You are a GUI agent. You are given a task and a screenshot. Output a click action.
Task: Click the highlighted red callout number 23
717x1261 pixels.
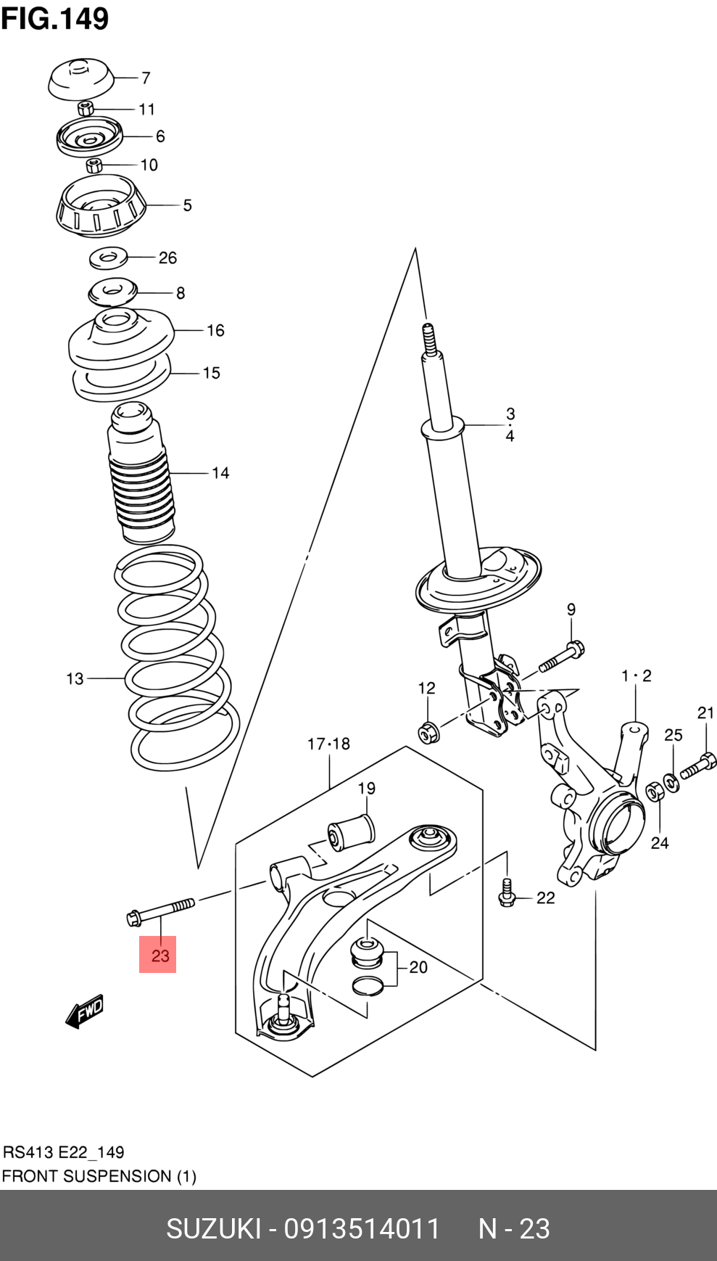(x=158, y=955)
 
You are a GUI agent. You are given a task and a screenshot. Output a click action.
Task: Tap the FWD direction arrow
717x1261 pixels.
(x=85, y=1011)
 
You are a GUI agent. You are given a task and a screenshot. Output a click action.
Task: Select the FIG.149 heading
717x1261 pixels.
(x=55, y=18)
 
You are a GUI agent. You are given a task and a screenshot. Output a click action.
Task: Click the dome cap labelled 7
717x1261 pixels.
(x=80, y=79)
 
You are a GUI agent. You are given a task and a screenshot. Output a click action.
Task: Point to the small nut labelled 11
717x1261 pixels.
(x=86, y=109)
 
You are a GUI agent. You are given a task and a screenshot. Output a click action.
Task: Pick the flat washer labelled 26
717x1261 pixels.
(x=108, y=257)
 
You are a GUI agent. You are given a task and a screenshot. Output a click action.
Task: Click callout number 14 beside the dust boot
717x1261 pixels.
(x=220, y=473)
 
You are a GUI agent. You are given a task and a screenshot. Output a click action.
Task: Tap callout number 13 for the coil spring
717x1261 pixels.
(x=75, y=679)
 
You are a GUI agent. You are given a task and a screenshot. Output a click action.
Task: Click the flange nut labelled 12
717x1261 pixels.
(x=428, y=732)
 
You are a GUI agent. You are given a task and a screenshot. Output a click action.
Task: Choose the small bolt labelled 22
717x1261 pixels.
(x=507, y=895)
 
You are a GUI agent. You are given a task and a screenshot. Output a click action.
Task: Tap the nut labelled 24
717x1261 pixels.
(x=653, y=792)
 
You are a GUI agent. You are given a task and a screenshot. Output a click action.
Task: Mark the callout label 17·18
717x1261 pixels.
(x=328, y=744)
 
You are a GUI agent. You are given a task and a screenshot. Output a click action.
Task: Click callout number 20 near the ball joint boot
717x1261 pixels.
(x=418, y=967)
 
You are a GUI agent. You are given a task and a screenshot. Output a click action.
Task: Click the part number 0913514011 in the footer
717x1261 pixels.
(x=362, y=1229)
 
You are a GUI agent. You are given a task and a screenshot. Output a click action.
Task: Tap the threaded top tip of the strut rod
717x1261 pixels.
(x=428, y=336)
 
